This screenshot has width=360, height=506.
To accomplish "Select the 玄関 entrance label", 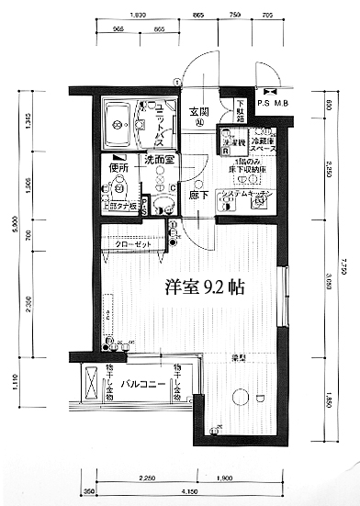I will (x=201, y=112).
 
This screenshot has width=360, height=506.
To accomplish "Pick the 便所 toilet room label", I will (x=117, y=167).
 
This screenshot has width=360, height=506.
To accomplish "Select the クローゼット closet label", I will (x=133, y=245).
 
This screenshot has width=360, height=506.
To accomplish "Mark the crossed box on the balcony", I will (x=92, y=380).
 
